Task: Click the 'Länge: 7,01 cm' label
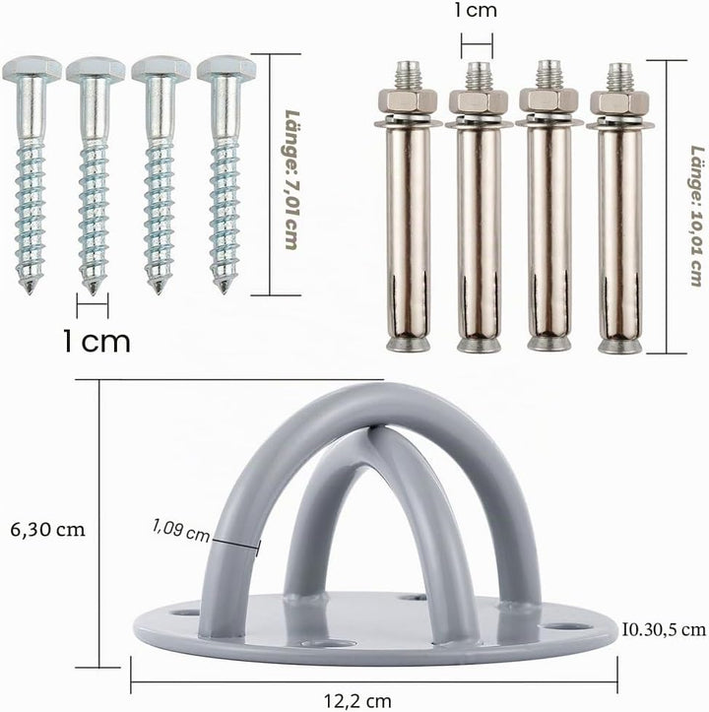pos(292,179)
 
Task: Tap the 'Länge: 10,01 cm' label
pos(697,216)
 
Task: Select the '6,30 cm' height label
pos(47,530)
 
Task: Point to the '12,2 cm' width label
pos(357,701)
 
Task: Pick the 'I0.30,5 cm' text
pos(664,629)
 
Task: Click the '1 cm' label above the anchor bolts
pos(475,11)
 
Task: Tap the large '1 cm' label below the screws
pos(97,341)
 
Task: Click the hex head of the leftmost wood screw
pos(32,69)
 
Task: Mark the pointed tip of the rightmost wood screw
pos(224,290)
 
